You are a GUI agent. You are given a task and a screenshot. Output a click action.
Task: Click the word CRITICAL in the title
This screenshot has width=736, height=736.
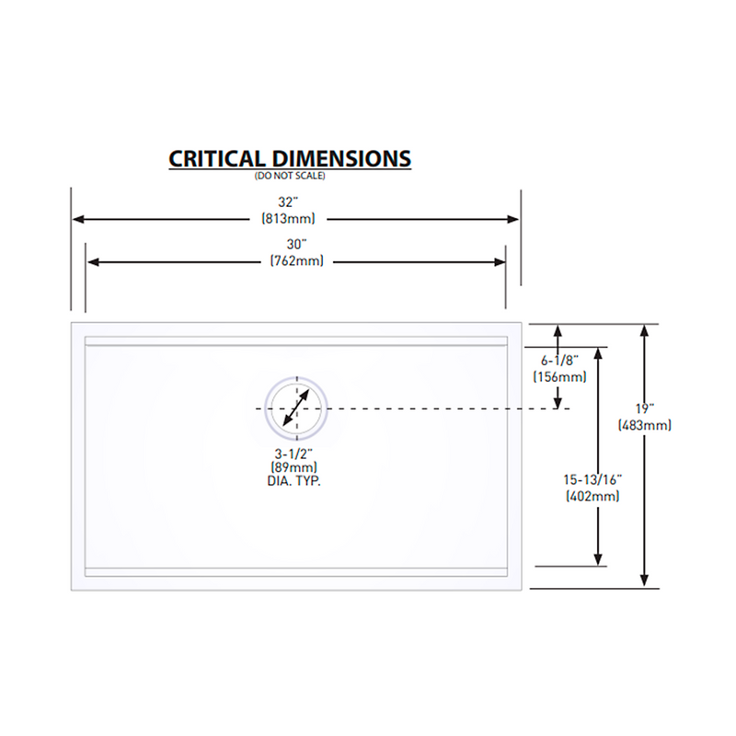(217, 158)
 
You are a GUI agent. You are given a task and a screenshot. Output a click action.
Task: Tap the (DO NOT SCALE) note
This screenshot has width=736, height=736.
(290, 176)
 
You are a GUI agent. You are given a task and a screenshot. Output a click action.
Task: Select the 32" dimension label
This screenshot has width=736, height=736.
(288, 202)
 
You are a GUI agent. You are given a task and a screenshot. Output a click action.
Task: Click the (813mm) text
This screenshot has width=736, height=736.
(288, 218)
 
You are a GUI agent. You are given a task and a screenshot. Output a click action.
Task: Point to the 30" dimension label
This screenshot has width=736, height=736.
(296, 244)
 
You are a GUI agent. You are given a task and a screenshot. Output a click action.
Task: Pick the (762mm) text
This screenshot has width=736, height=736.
(296, 260)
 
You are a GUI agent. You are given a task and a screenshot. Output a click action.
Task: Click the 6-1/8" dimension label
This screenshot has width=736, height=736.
(559, 361)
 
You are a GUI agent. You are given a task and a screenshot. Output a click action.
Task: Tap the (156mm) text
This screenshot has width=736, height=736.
(559, 376)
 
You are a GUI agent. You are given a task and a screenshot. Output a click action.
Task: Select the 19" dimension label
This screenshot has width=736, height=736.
(645, 408)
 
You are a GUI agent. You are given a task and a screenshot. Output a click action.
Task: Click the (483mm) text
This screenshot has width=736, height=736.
(645, 425)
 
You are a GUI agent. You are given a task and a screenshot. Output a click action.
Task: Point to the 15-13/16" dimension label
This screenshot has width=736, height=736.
(592, 479)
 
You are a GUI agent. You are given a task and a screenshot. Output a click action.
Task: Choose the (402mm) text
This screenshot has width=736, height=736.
(592, 496)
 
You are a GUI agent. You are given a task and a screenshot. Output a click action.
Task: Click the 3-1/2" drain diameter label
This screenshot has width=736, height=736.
(293, 454)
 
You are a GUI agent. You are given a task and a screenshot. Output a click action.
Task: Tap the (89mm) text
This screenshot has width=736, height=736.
(293, 467)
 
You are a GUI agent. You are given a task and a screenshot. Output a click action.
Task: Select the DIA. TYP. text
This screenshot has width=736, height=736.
(293, 481)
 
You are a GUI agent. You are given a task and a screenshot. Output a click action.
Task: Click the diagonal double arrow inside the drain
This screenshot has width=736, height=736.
(296, 408)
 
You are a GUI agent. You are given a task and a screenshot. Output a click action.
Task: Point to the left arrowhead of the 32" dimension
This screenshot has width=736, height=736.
(78, 219)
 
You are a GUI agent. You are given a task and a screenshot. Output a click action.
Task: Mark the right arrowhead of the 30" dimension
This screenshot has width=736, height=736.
(500, 262)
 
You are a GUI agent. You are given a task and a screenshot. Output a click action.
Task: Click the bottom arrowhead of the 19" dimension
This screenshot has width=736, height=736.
(645, 581)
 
